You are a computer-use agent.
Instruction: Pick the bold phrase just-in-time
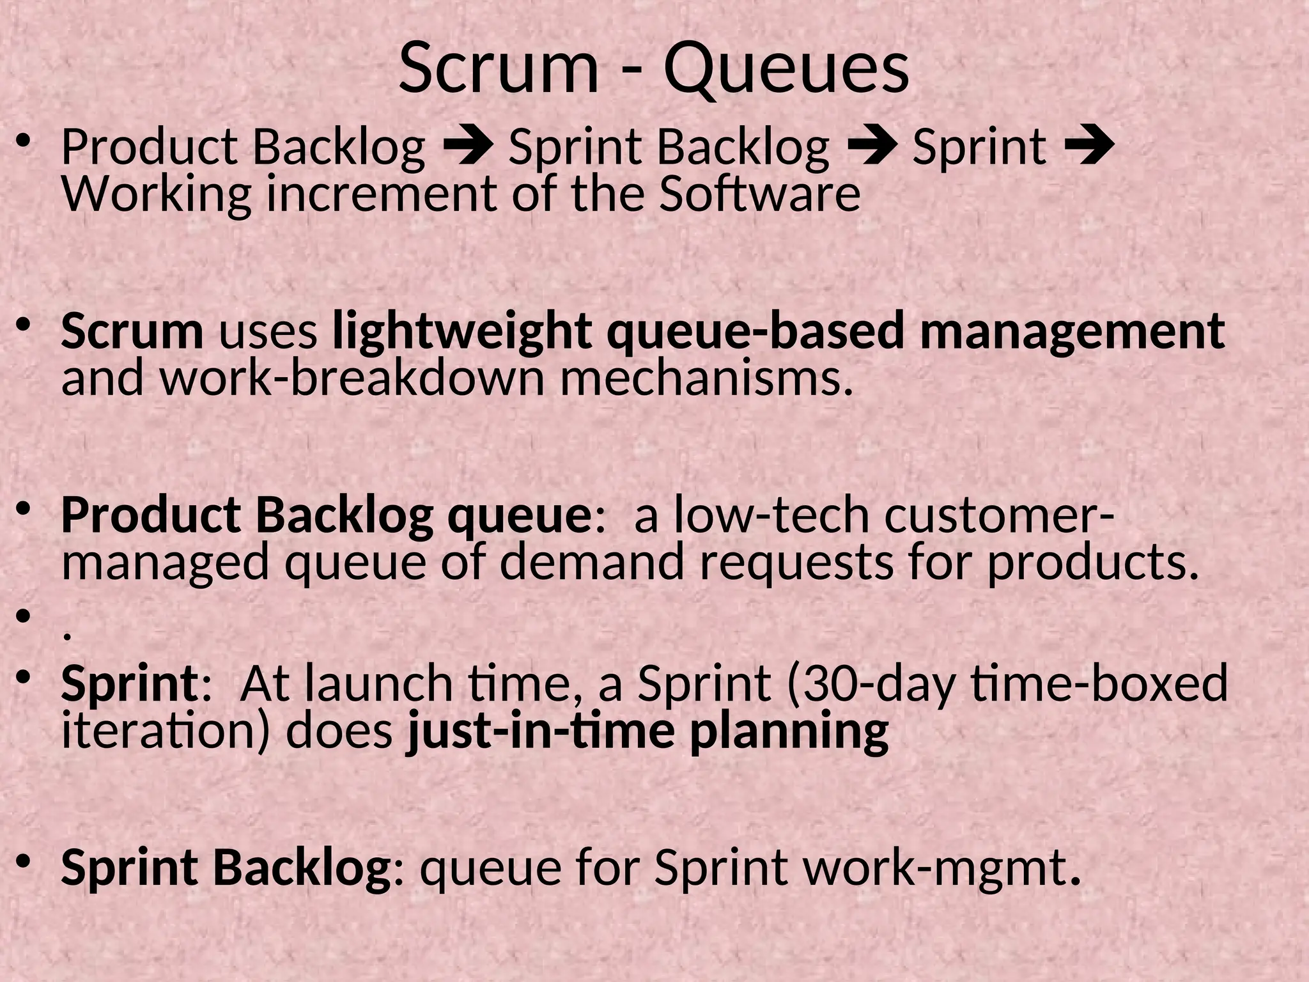coord(540,730)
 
